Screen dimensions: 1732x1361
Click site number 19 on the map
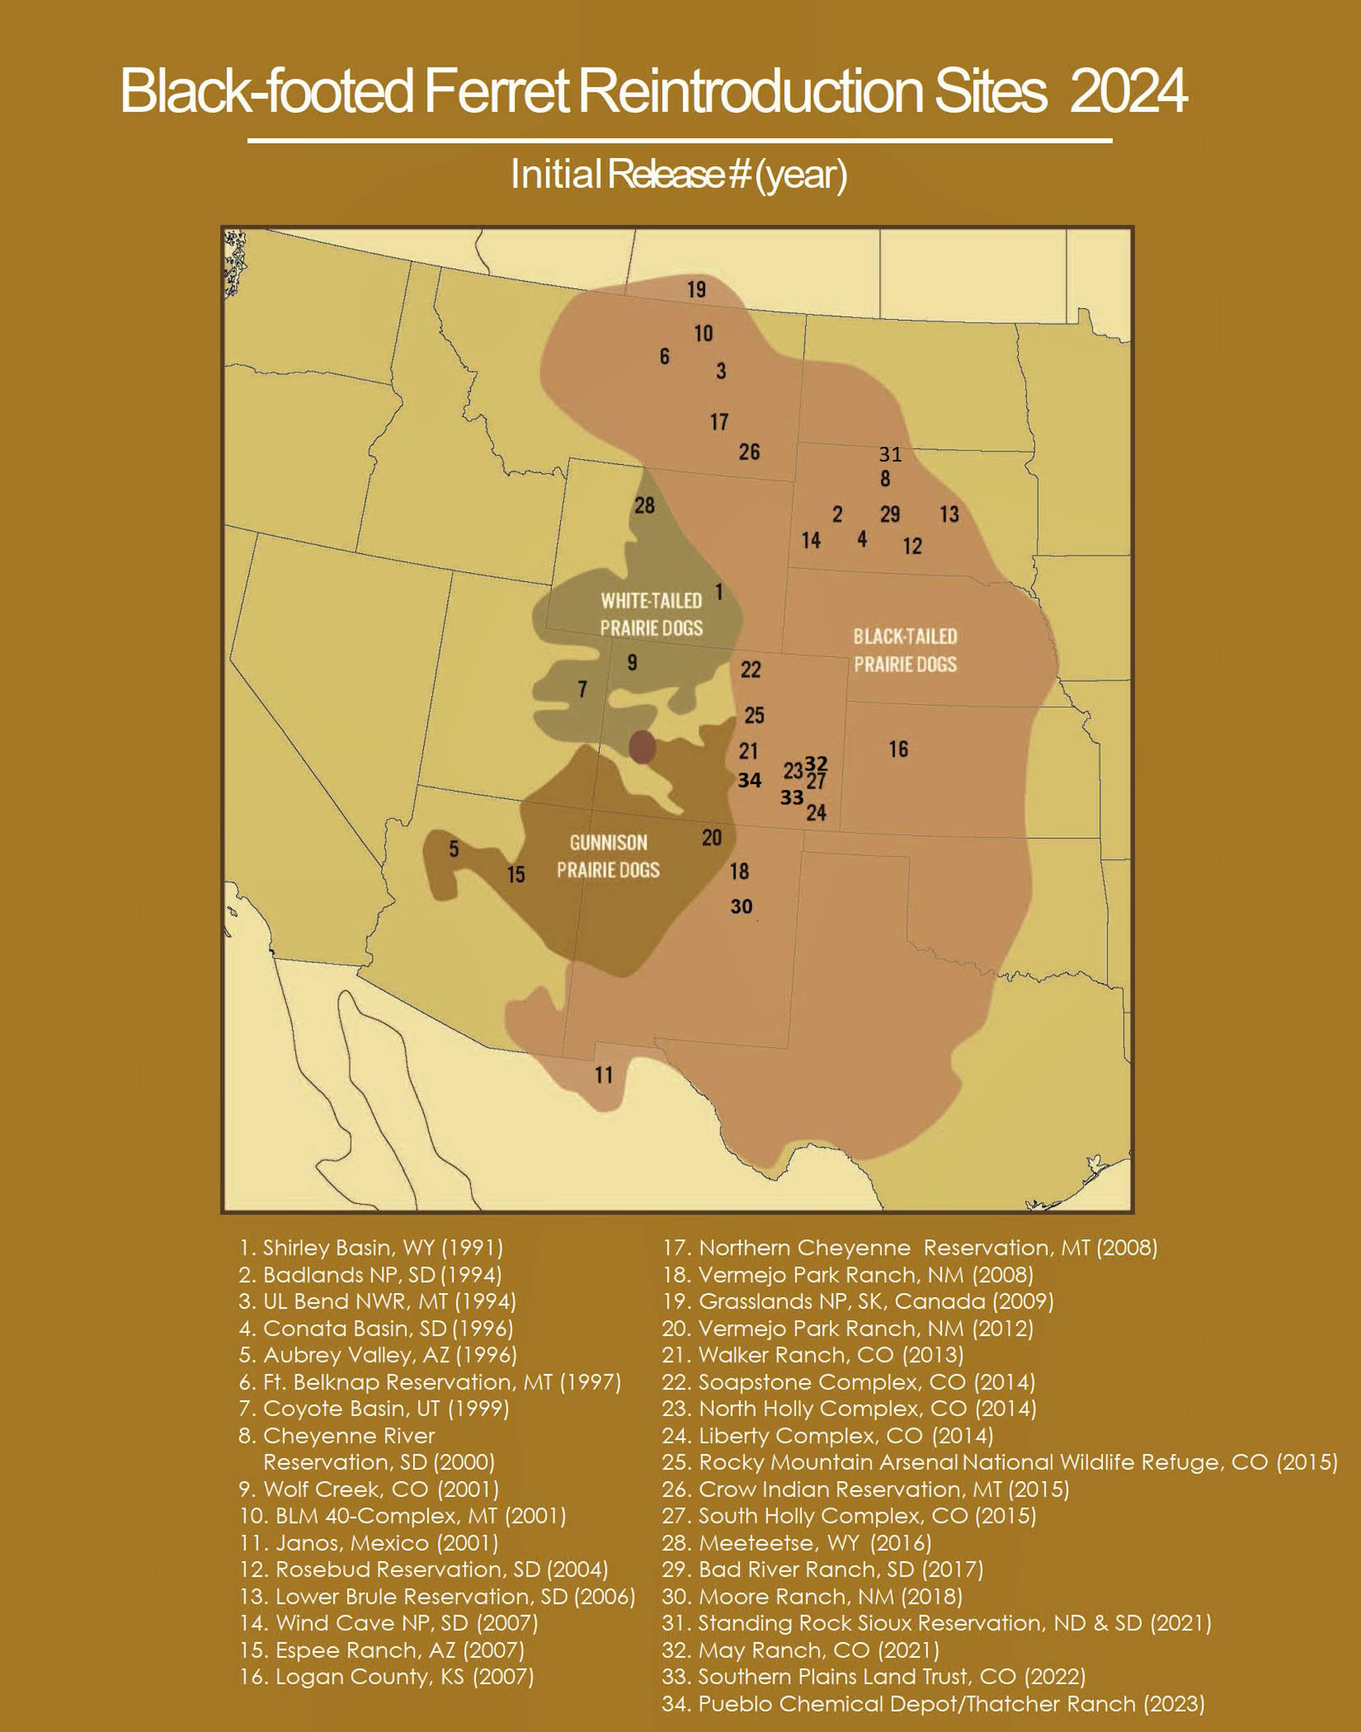[696, 289]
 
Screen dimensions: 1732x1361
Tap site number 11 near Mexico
[603, 1075]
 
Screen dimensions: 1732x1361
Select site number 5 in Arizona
[453, 849]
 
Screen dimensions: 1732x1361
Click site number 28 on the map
[644, 505]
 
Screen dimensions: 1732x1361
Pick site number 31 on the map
[890, 454]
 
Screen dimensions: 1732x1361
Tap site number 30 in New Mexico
[741, 906]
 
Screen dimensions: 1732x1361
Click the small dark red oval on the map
[642, 747]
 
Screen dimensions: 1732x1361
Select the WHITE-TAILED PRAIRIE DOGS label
[651, 615]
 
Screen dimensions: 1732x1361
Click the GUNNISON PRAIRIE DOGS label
[608, 855]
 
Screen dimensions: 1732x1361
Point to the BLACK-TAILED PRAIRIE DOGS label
[905, 650]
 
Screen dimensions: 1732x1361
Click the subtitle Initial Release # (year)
[679, 174]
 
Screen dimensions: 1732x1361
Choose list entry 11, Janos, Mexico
[369, 1543]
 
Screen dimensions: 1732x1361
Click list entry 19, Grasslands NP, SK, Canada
[857, 1301]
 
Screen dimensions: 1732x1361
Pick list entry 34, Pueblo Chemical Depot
[933, 1704]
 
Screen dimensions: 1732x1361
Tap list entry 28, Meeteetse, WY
[796, 1543]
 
